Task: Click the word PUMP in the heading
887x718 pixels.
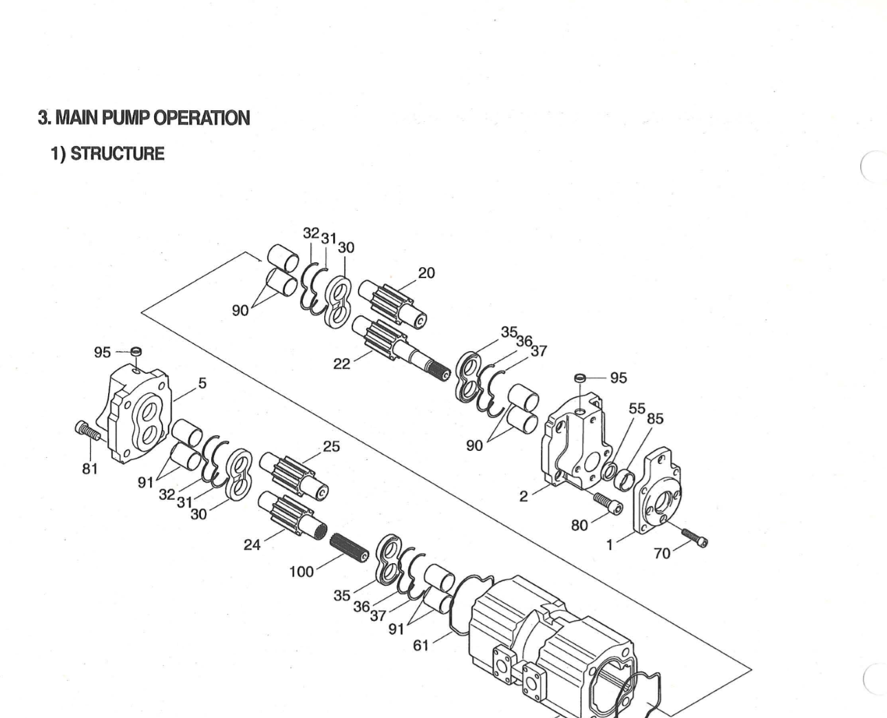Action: [126, 118]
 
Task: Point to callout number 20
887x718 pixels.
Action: [426, 273]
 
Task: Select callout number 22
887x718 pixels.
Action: [341, 363]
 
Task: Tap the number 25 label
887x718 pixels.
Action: [331, 446]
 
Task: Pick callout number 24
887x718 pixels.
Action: [253, 545]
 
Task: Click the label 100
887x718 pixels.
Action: [301, 571]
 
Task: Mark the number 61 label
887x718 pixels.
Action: [421, 645]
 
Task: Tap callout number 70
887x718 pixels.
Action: [662, 553]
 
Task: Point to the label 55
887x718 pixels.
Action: [637, 408]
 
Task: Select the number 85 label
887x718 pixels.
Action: [654, 418]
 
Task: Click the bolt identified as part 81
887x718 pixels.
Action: [88, 432]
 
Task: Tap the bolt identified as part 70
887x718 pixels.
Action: [694, 536]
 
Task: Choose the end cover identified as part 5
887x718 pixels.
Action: [138, 413]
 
